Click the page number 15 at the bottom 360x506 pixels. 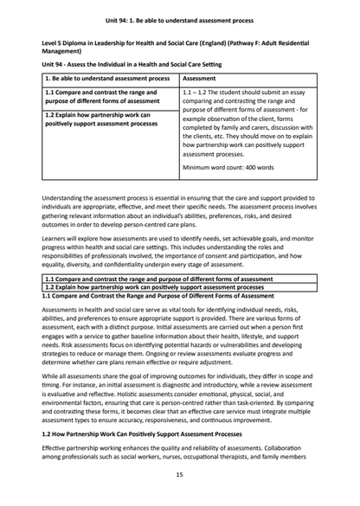point(179,475)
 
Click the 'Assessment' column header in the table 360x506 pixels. point(202,77)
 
